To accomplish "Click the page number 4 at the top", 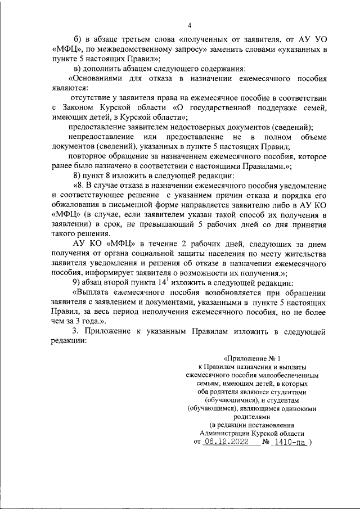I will [x=190, y=25].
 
